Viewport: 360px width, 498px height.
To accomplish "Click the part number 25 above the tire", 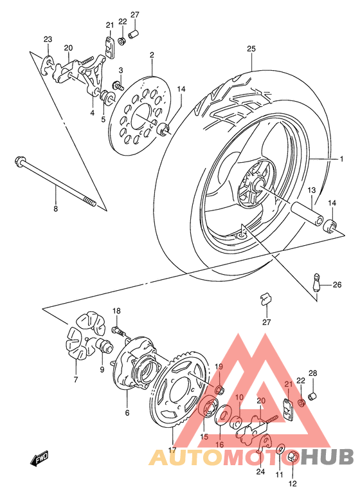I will coord(250,50).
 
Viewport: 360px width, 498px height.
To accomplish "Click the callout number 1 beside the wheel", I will coord(343,159).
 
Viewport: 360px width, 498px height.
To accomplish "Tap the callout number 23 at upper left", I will coord(48,40).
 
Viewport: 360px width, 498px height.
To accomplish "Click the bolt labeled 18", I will coord(118,330).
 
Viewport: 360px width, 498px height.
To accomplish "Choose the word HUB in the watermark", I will coord(327,457).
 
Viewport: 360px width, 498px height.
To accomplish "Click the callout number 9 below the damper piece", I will coord(102,370).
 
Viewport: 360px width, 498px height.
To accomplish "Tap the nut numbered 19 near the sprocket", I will coord(219,388).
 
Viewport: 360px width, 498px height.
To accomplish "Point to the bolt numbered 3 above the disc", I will coord(118,84).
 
